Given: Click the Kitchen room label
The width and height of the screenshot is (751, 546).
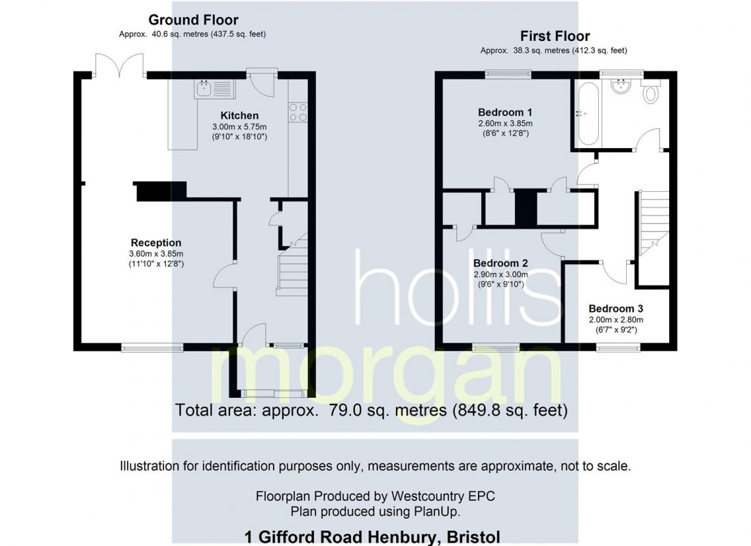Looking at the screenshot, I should pyautogui.click(x=239, y=115).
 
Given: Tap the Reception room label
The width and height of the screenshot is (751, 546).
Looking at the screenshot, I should pyautogui.click(x=156, y=242).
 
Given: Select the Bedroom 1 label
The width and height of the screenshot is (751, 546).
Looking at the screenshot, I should pyautogui.click(x=505, y=112).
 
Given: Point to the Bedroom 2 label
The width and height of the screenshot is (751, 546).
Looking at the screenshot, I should pyautogui.click(x=500, y=263).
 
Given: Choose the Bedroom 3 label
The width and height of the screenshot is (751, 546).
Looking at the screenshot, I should pyautogui.click(x=615, y=308).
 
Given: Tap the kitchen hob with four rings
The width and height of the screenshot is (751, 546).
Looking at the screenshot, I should pyautogui.click(x=298, y=111).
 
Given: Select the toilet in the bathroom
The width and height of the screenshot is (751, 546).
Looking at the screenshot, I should pyautogui.click(x=650, y=92).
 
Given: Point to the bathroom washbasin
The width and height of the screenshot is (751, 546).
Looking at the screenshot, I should pyautogui.click(x=622, y=86).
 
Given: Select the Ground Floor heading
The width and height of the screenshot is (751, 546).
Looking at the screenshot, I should pyautogui.click(x=193, y=20).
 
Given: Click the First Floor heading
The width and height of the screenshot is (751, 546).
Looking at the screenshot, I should pyautogui.click(x=555, y=36).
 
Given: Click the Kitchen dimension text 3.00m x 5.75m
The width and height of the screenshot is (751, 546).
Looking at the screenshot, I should pyautogui.click(x=238, y=127).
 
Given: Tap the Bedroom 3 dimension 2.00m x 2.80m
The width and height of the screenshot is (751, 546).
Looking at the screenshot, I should pyautogui.click(x=615, y=319).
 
